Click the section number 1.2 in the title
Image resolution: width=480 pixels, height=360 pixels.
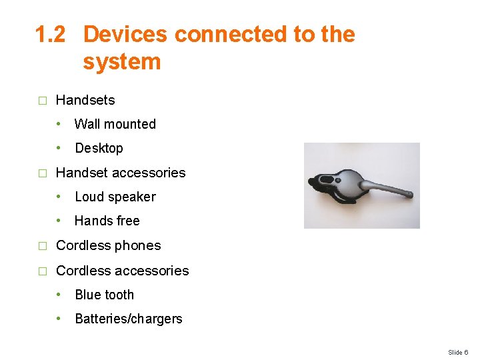point(51,34)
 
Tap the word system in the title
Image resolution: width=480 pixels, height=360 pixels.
point(122,62)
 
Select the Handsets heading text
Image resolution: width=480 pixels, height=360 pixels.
point(85,101)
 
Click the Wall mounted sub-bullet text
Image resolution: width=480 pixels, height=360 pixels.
point(115,124)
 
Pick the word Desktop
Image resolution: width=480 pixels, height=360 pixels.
point(99,148)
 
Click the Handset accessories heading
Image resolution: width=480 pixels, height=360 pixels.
point(121,173)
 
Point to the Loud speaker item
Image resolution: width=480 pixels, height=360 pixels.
point(115,197)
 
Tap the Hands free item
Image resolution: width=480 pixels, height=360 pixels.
point(107,221)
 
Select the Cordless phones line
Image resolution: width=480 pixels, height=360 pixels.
point(109,245)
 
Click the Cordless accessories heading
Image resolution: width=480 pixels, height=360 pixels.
point(123,271)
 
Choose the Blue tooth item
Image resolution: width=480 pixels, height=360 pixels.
point(105,295)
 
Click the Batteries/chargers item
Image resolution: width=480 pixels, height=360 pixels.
point(129,319)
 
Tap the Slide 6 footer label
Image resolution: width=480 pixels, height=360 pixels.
point(458,352)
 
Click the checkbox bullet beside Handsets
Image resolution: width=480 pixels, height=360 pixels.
point(42,101)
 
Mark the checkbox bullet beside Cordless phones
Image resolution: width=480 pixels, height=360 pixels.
point(42,246)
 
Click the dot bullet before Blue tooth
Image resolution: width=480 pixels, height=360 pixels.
point(59,295)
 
